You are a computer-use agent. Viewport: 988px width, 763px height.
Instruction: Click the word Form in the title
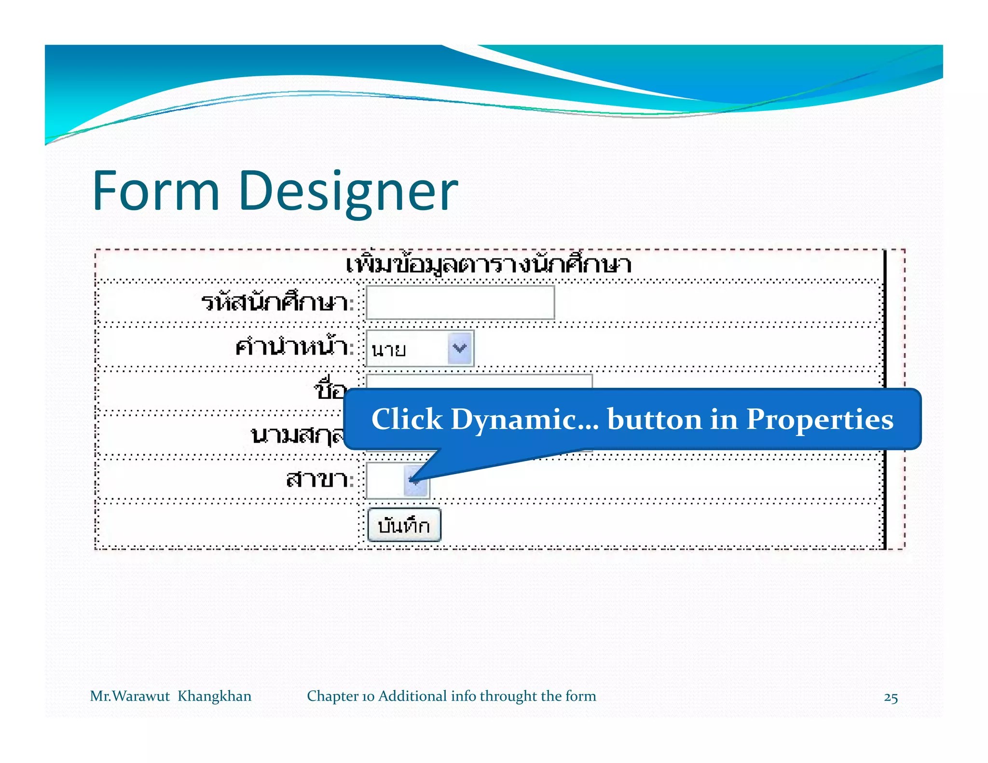click(x=156, y=191)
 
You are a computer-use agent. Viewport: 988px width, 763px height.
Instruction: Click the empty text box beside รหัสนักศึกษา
click(x=460, y=302)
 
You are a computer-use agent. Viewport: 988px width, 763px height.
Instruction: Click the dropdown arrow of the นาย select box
click(x=459, y=348)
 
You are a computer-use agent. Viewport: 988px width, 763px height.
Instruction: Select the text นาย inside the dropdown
click(x=389, y=349)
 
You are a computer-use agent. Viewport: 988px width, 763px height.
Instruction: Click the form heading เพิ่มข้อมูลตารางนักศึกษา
click(x=488, y=265)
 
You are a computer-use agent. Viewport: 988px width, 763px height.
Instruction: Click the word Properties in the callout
click(x=820, y=419)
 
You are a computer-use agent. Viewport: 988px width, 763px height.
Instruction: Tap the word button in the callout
click(x=655, y=419)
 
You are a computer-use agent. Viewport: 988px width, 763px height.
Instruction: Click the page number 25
click(x=891, y=698)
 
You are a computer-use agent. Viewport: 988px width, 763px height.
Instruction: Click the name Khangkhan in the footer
click(x=214, y=696)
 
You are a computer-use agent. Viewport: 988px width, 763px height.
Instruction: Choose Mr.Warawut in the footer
click(x=130, y=696)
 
